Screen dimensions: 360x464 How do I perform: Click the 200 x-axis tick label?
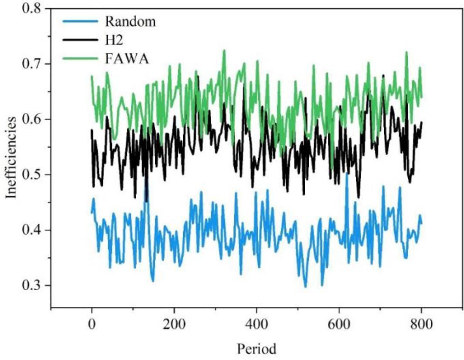pos(174,324)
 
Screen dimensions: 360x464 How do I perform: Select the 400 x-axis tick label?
pos(256,324)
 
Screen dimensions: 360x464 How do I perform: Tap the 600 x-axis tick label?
pos(339,324)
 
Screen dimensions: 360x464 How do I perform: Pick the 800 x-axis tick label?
pos(421,324)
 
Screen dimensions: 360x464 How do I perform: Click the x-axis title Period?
pos(256,349)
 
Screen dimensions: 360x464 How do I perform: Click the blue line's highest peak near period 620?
pos(347,173)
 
